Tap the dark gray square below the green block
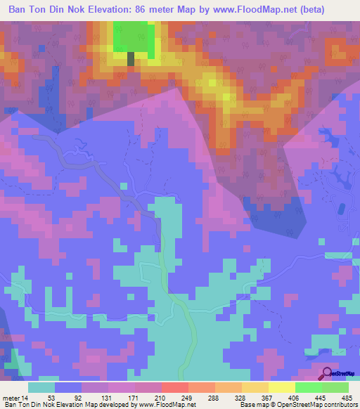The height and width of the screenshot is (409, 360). pos(131,59)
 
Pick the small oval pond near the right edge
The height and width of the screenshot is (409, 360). pos(343,209)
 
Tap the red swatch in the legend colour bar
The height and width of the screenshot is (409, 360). pos(174,387)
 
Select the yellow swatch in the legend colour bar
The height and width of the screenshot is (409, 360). pos(281,387)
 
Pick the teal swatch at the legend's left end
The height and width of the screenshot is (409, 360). pos(41,387)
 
